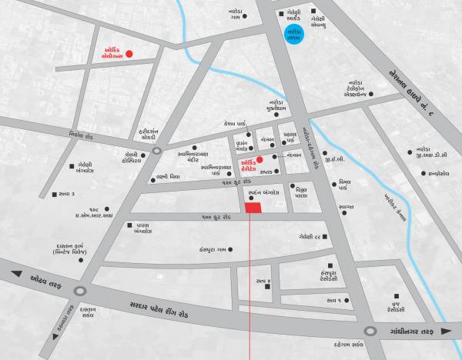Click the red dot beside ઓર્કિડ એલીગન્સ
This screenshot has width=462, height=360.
click(129, 54)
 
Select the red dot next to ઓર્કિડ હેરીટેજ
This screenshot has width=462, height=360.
click(260, 159)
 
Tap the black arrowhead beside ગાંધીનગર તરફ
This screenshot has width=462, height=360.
click(454, 331)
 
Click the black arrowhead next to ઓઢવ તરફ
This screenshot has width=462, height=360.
click(13, 272)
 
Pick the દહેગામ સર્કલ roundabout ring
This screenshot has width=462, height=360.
click(370, 331)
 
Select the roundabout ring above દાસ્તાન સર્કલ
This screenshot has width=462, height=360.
click(79, 289)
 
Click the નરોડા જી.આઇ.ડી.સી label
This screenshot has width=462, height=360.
click(428, 153)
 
